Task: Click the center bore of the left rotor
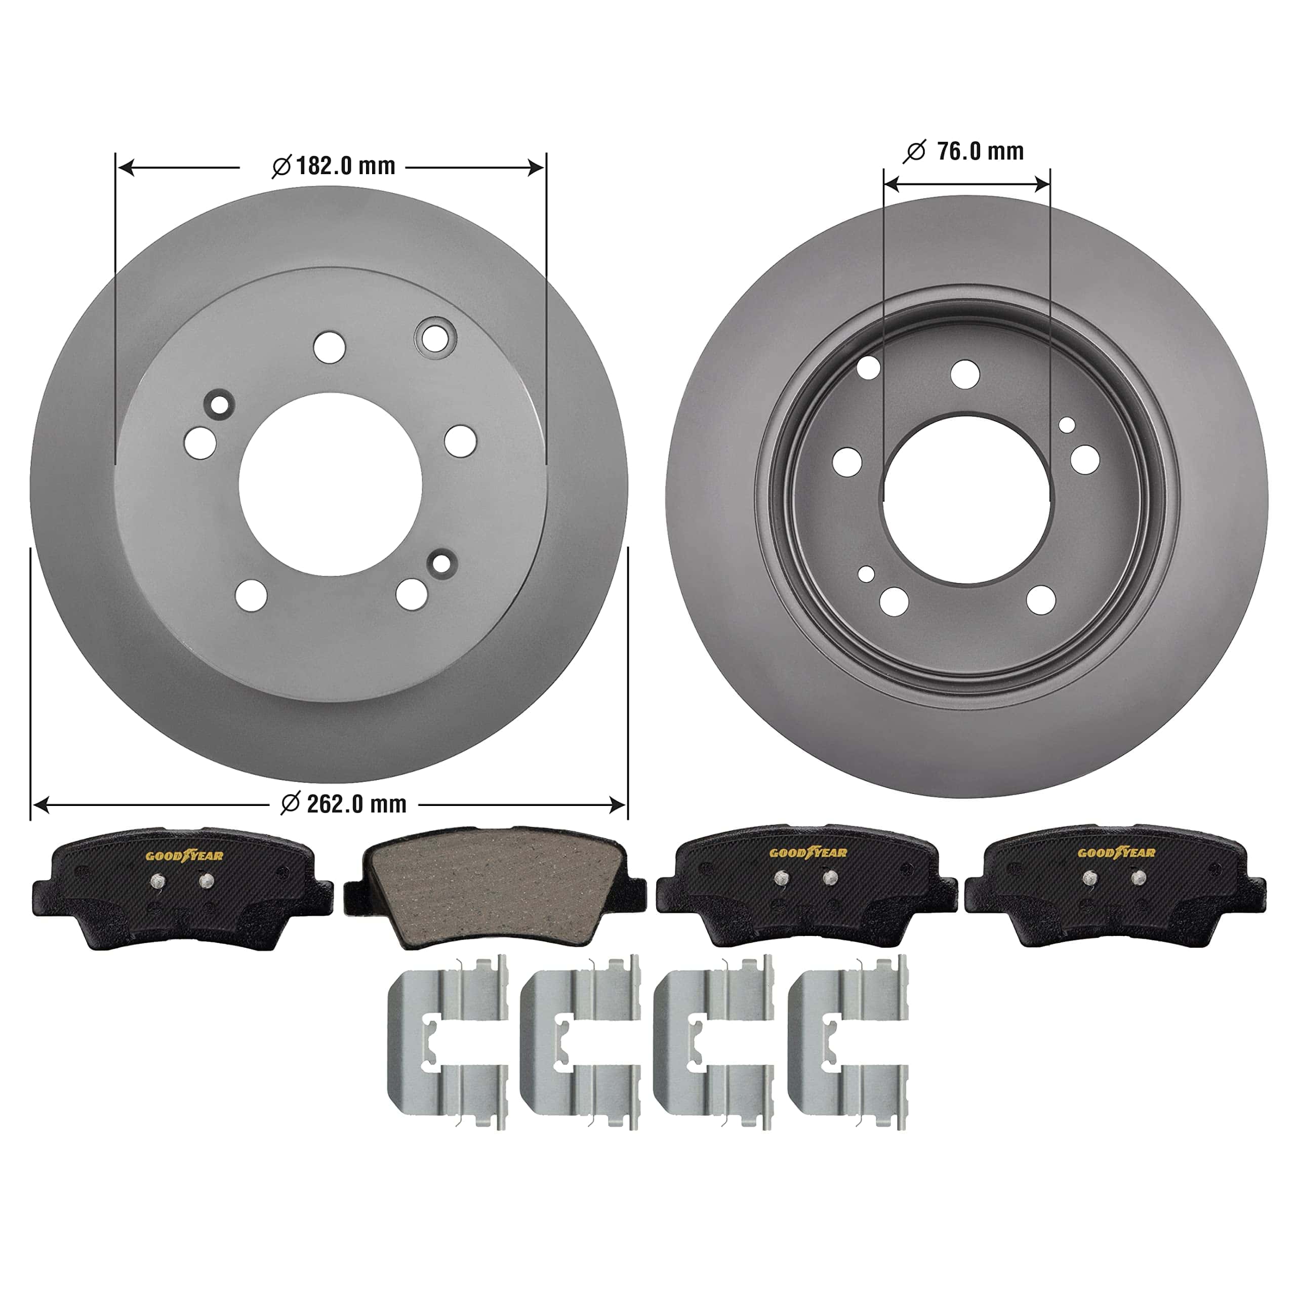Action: (331, 484)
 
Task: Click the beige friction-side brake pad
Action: (495, 887)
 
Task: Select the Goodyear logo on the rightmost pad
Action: (1116, 853)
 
